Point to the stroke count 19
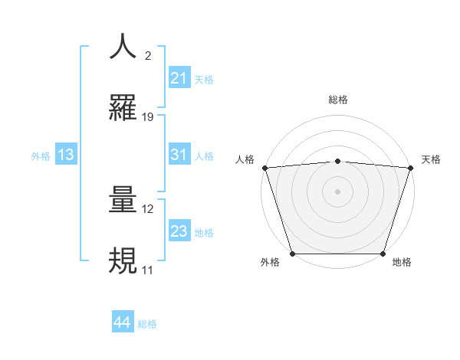tap(149, 117)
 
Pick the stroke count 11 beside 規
tap(147, 270)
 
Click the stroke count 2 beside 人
tap(148, 56)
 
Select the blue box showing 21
tap(179, 78)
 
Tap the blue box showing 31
tap(179, 155)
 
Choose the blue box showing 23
tap(179, 232)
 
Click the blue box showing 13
tap(66, 155)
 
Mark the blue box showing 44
tap(122, 323)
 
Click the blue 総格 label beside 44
tap(147, 324)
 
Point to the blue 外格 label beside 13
tap(41, 156)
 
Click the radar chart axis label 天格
tap(432, 159)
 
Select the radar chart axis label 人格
tap(245, 159)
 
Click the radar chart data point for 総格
tap(338, 161)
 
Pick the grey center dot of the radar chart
tap(338, 191)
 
